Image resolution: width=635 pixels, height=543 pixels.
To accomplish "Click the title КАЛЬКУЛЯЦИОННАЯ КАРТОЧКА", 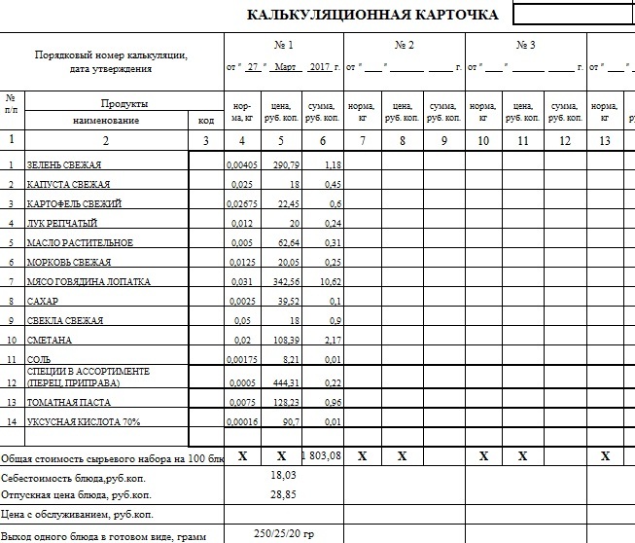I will (x=372, y=15).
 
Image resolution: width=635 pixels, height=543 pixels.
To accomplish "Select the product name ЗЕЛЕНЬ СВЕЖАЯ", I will (x=65, y=164).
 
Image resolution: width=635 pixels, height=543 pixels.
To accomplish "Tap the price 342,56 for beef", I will (x=284, y=281).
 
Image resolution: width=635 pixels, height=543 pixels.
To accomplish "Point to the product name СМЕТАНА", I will (x=50, y=341).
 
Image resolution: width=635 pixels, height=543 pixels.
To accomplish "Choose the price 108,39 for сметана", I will (x=284, y=341).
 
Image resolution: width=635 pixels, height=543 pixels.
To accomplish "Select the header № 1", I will (x=284, y=46).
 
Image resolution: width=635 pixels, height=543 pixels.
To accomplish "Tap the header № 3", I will (x=526, y=46).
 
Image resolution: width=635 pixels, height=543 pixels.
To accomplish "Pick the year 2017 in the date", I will (x=320, y=67).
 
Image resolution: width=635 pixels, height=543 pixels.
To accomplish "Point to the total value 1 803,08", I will (x=323, y=455).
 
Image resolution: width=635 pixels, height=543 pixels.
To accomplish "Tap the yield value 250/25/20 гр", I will (x=283, y=534).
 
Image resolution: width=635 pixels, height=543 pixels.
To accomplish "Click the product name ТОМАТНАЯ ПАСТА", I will (x=68, y=402).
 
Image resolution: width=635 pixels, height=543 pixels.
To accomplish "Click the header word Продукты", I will (x=123, y=102).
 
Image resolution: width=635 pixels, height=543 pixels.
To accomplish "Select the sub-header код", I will (x=205, y=120).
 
